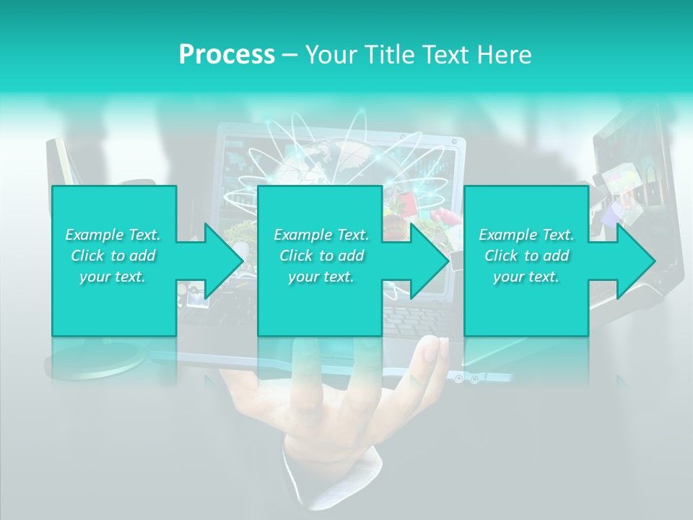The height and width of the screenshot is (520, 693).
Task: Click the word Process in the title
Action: pos(227,55)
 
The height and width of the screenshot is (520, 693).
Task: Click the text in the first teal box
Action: pos(113,256)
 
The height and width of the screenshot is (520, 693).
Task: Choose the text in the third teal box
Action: pos(526,256)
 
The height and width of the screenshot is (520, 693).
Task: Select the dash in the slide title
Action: pos(289,55)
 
